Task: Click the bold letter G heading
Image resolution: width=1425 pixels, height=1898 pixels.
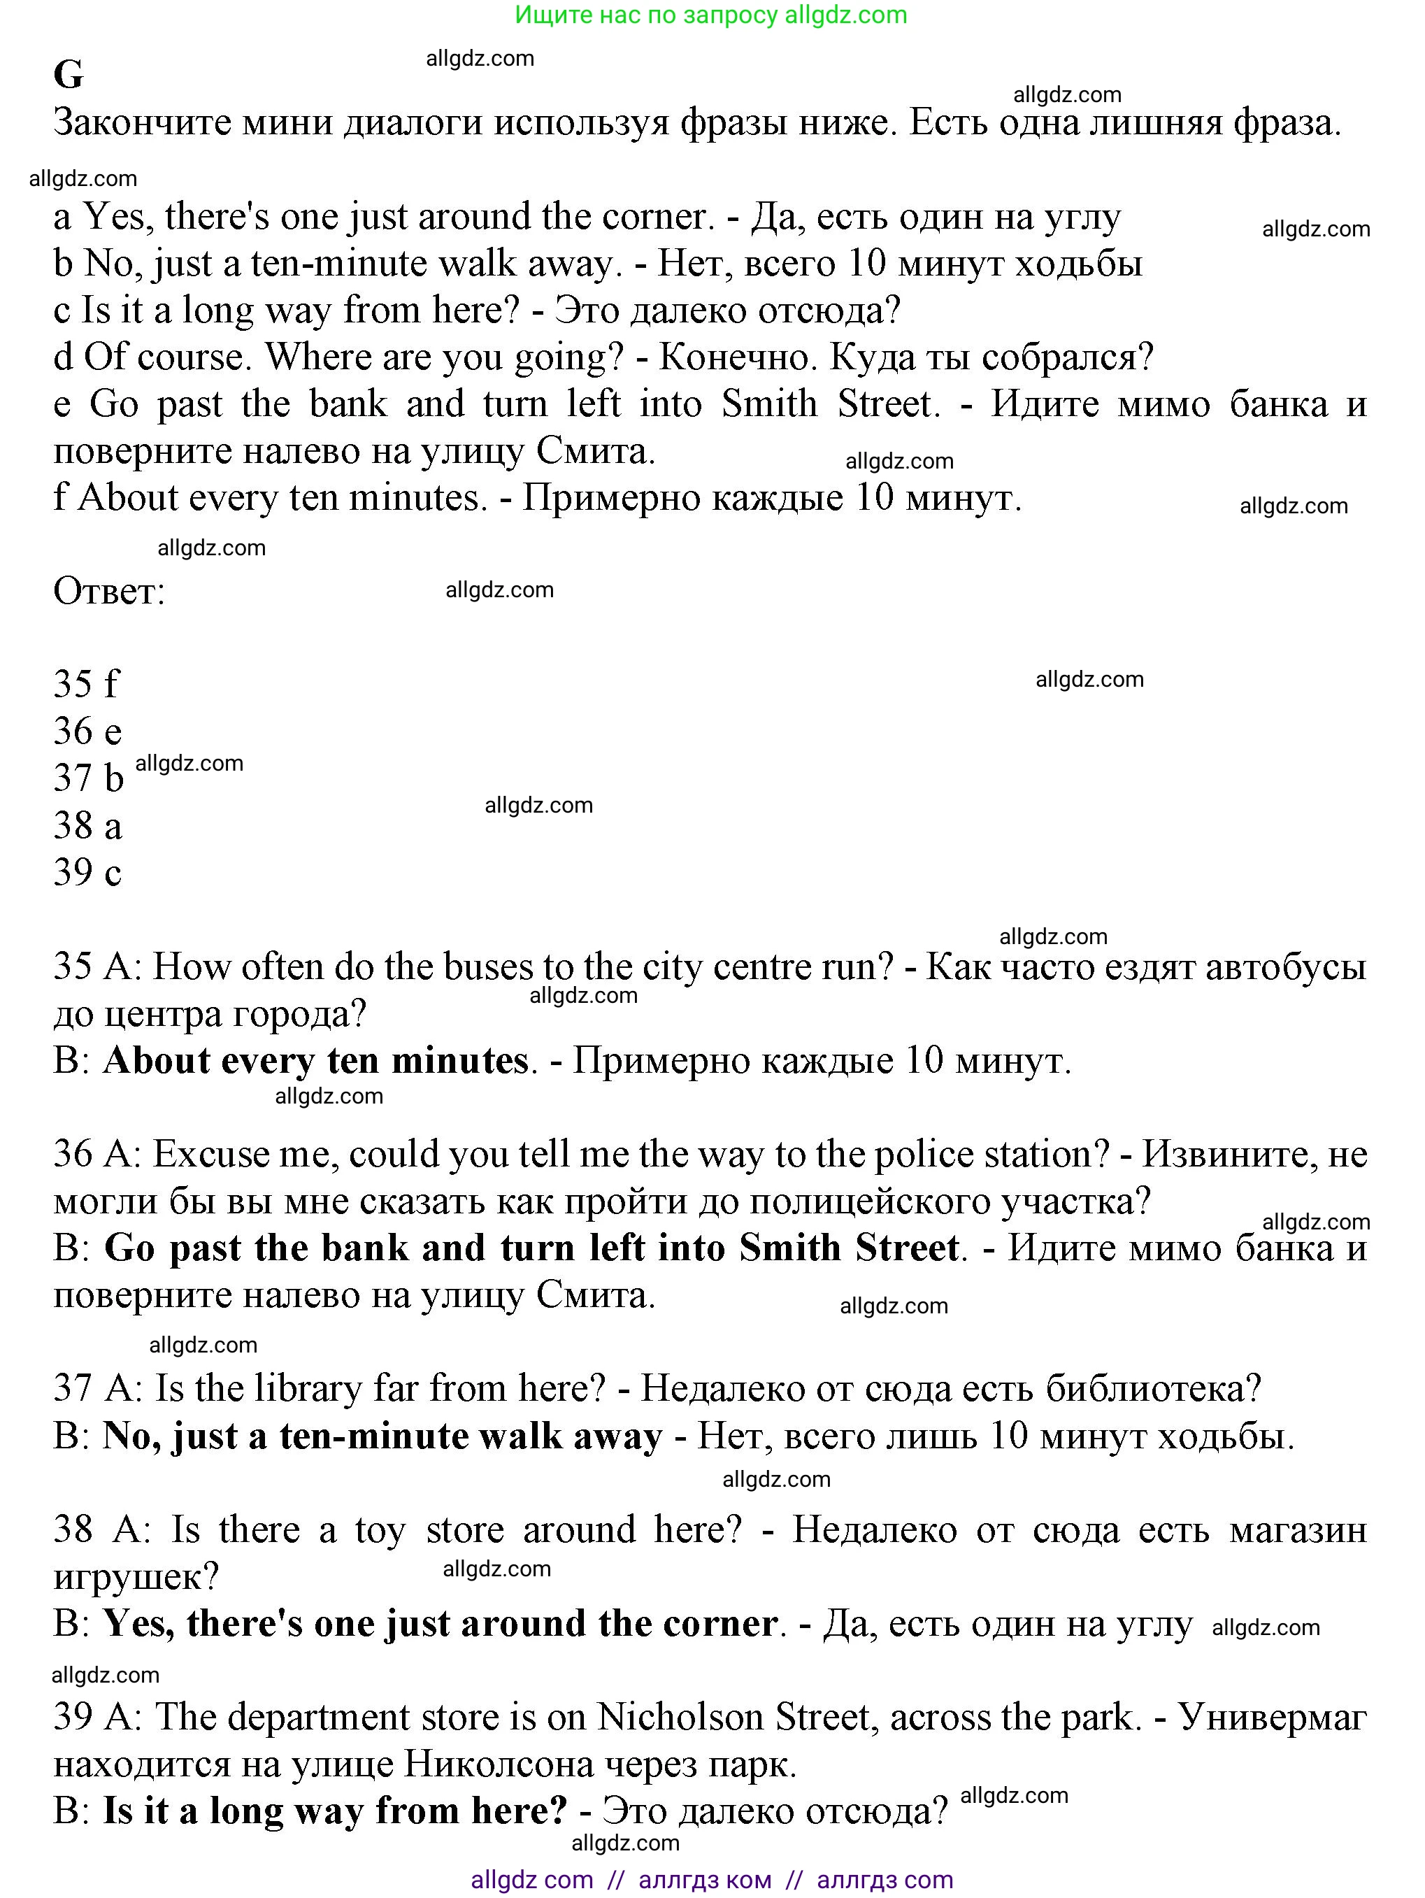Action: (69, 76)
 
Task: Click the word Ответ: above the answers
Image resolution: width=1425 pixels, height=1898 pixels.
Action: (109, 590)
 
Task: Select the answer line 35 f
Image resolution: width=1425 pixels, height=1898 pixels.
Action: (86, 684)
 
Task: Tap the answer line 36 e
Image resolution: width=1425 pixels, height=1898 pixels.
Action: (87, 731)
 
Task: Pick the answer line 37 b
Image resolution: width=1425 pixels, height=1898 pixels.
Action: (88, 778)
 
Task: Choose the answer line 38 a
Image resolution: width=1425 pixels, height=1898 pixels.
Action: (87, 825)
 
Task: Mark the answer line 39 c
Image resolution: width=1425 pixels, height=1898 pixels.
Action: (87, 873)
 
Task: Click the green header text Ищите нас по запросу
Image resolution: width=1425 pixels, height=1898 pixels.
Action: (647, 15)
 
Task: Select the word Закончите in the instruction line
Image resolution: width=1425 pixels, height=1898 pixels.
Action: (141, 122)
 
